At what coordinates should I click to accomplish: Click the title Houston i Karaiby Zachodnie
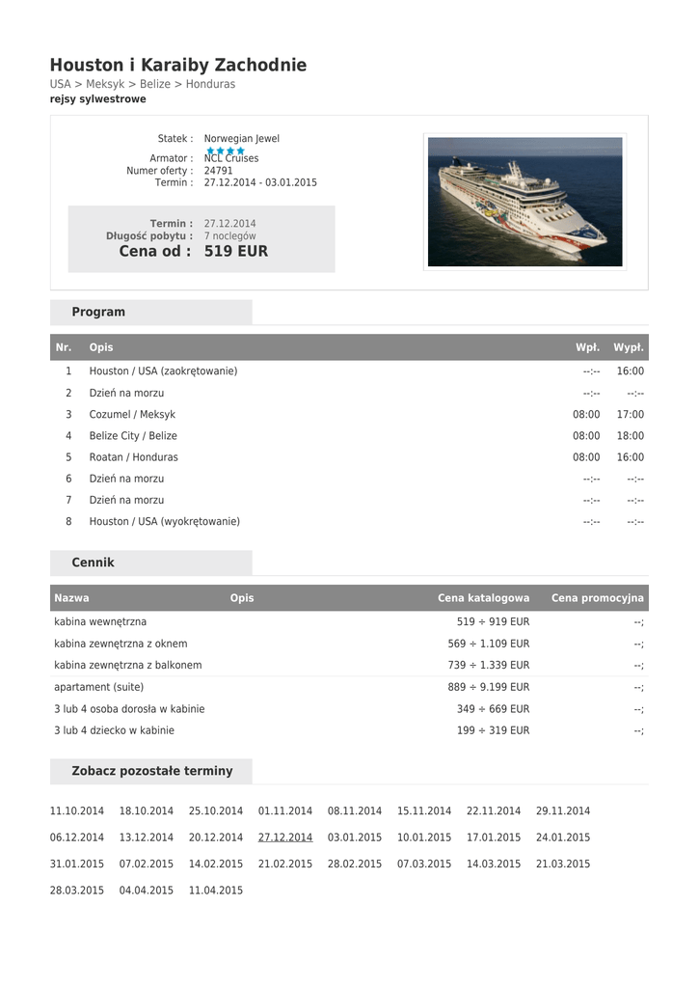[x=178, y=66]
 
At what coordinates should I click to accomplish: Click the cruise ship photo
[x=524, y=202]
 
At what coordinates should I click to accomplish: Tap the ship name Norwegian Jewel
[x=241, y=139]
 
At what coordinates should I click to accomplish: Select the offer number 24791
[x=218, y=171]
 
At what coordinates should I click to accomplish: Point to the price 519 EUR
[x=236, y=252]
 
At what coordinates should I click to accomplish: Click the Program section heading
[x=98, y=313]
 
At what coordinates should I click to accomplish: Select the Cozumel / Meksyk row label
[x=132, y=415]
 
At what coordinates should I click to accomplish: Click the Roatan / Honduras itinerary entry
[x=133, y=457]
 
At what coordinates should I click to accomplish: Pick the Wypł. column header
[x=629, y=347]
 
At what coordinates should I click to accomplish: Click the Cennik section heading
[x=93, y=563]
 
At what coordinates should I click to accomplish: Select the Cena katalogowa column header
[x=483, y=598]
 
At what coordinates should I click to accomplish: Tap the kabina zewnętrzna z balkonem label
[x=128, y=666]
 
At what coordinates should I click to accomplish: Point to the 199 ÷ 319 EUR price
[x=493, y=730]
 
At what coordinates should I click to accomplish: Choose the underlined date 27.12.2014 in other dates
[x=285, y=837]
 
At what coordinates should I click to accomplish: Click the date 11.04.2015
[x=216, y=891]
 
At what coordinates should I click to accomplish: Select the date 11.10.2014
[x=77, y=811]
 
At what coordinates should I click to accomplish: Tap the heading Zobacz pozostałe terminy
[x=152, y=771]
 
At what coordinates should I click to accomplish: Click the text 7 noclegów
[x=229, y=235]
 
